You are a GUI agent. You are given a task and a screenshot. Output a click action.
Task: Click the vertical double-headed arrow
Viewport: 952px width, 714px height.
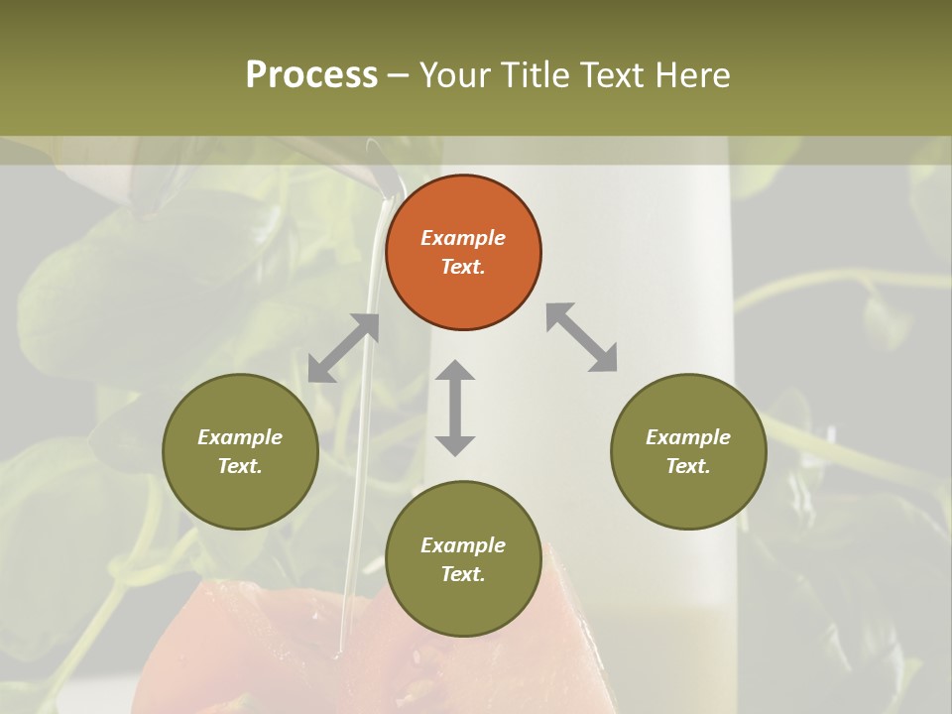coord(455,408)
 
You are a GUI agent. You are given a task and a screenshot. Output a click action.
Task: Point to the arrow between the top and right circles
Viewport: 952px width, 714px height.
coord(582,337)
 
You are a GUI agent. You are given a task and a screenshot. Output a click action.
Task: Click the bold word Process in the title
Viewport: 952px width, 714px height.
coord(311,74)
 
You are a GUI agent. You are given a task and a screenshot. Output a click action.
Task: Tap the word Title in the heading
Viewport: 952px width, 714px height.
coord(536,74)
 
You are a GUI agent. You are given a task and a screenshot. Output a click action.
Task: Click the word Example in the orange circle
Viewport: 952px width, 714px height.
coord(463,238)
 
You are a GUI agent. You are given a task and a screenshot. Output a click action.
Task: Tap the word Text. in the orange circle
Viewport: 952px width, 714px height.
coord(463,267)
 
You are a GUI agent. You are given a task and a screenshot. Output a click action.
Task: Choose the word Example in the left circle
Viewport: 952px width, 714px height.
coord(240,437)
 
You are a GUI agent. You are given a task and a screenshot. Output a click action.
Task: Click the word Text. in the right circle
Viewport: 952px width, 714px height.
coord(688,466)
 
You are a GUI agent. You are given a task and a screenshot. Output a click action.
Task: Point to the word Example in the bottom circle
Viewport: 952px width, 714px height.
coord(463,545)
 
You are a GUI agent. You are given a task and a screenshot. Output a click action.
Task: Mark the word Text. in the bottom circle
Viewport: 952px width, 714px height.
coord(463,574)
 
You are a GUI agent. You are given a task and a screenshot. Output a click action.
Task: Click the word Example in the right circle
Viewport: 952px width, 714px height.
coord(688,437)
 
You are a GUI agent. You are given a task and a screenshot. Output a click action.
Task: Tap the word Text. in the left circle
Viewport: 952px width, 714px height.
coord(240,466)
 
